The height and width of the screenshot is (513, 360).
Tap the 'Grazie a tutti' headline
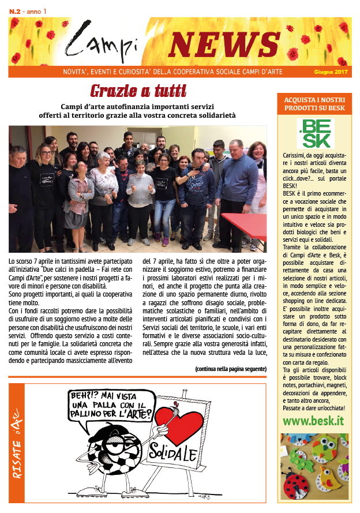point(138,91)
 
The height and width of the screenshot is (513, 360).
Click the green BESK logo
point(315,133)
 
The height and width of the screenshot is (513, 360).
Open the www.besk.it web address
point(314,421)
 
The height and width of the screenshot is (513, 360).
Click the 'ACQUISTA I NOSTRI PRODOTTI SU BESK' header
point(315,104)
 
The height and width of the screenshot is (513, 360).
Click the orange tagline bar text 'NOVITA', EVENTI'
point(104,73)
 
